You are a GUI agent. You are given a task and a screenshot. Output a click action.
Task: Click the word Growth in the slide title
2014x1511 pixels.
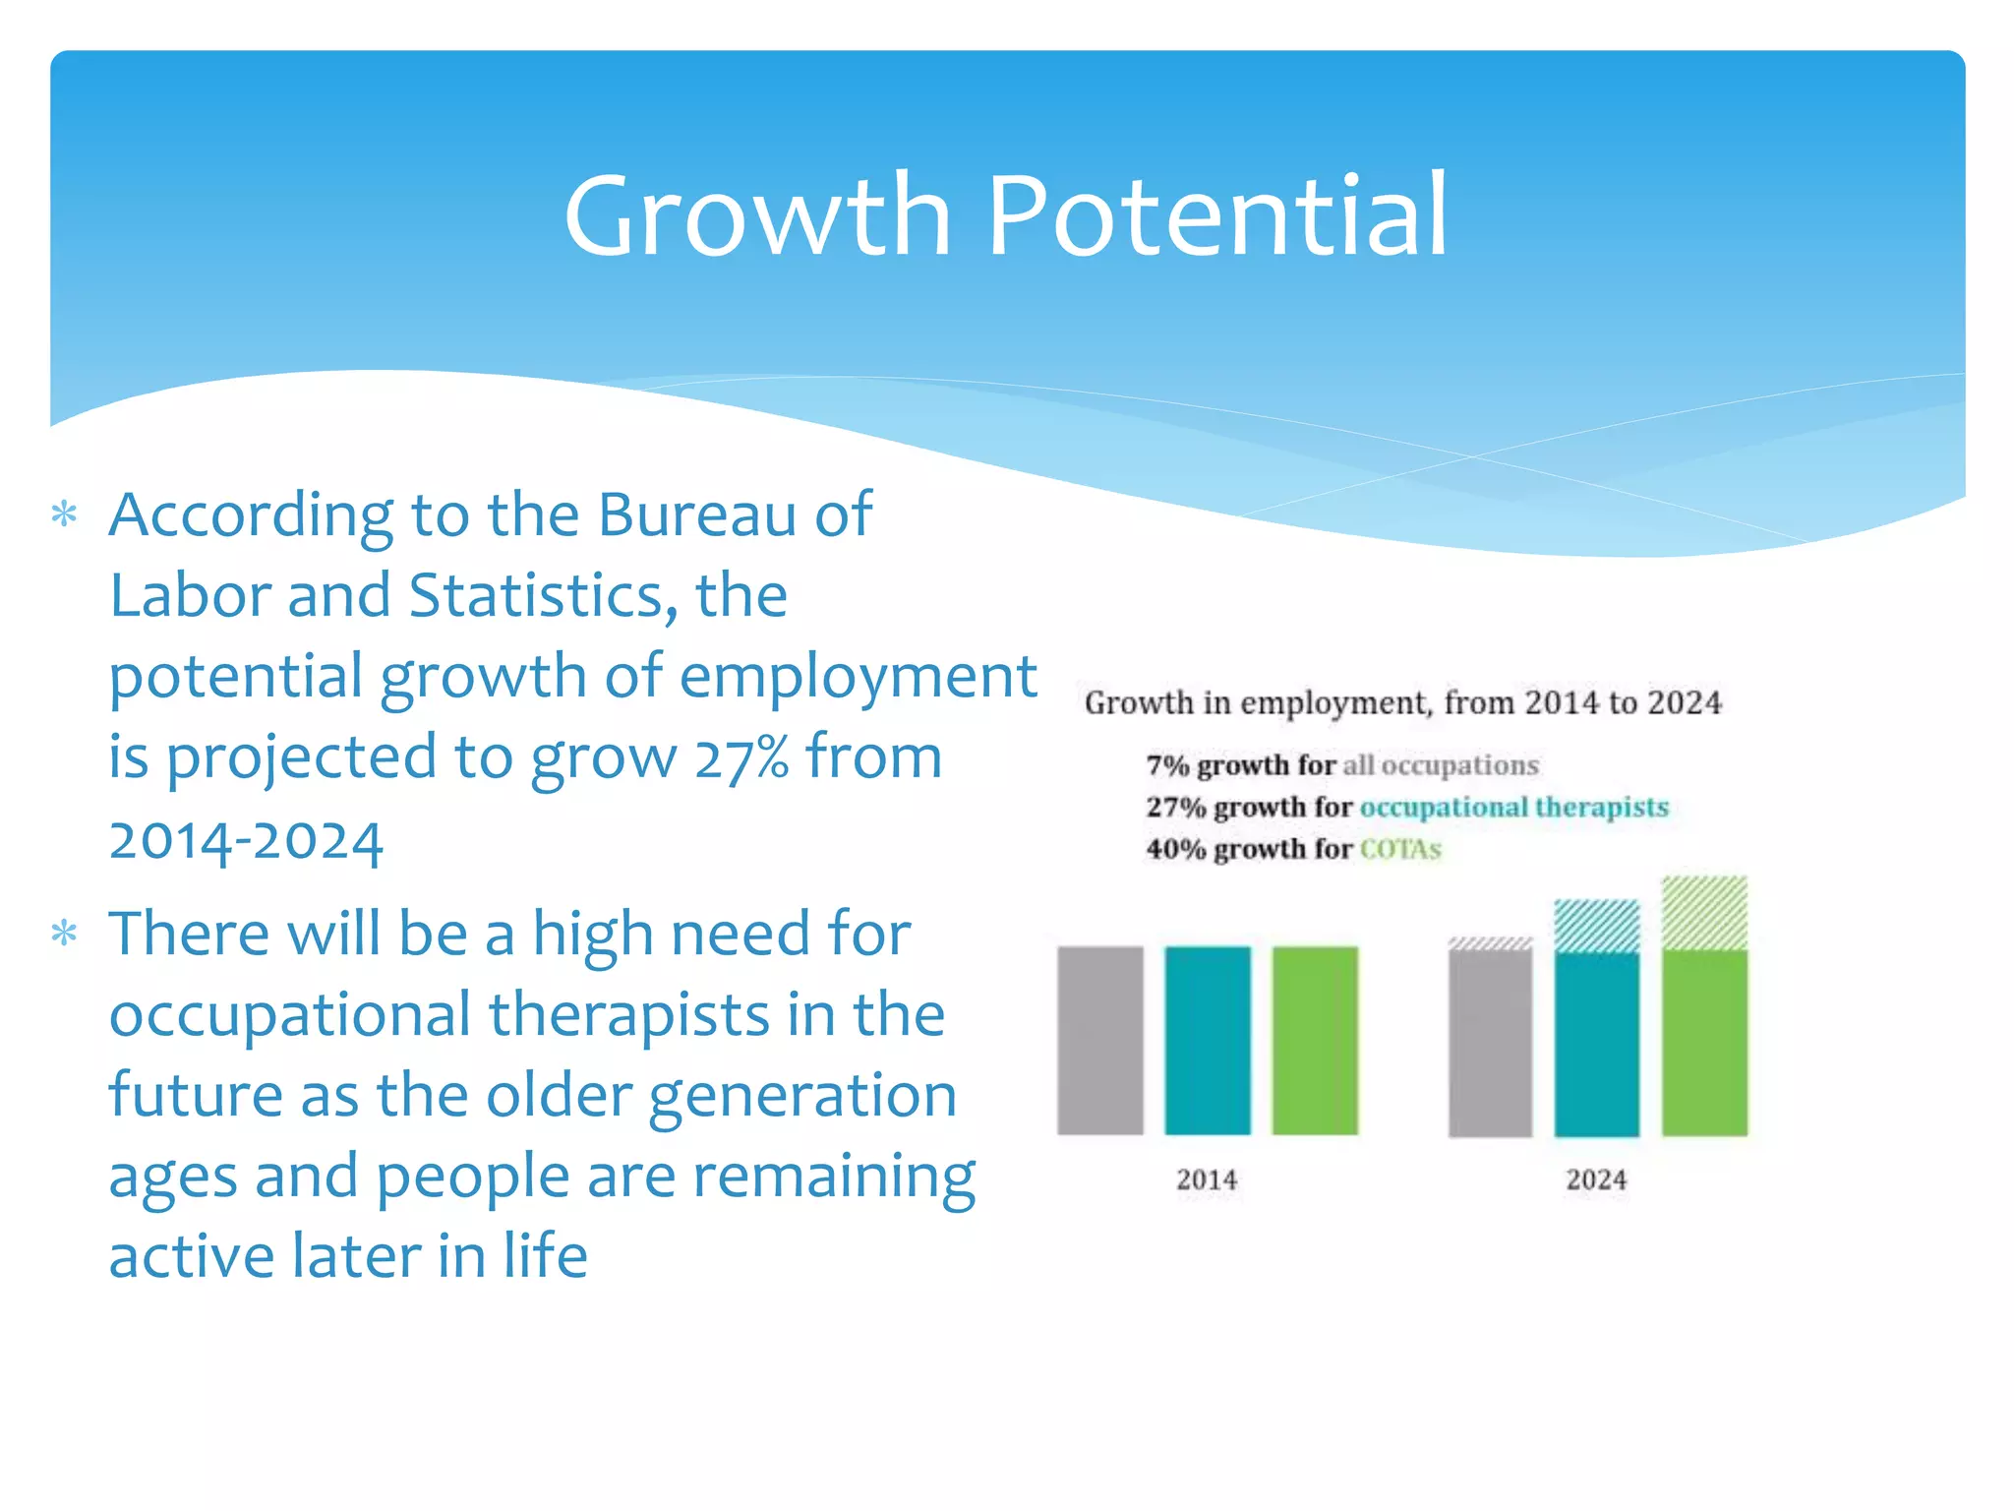click(757, 216)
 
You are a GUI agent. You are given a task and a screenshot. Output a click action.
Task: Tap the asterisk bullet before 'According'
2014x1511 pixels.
click(65, 514)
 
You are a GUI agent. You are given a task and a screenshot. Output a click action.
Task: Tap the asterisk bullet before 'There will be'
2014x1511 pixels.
click(65, 933)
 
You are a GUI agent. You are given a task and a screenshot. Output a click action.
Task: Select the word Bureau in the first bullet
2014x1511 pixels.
click(696, 514)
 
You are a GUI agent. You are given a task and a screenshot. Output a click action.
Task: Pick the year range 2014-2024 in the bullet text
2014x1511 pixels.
click(246, 841)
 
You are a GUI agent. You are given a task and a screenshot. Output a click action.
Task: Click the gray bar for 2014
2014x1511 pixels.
click(1099, 1040)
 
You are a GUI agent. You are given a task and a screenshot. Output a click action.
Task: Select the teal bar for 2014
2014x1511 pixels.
click(1208, 1040)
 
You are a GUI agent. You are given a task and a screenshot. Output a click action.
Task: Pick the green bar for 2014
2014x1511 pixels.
click(1315, 1040)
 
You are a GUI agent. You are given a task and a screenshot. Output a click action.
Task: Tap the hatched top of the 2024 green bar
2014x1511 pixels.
click(1704, 913)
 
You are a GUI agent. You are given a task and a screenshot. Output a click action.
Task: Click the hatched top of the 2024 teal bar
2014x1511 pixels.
click(1597, 926)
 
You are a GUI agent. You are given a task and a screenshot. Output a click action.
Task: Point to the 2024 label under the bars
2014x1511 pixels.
click(1596, 1179)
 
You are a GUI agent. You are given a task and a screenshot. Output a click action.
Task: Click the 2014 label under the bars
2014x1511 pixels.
click(1207, 1179)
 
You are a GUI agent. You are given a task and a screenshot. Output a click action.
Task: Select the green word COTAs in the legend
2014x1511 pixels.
click(1400, 849)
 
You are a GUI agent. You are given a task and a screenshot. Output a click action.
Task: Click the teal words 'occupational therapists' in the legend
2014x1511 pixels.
click(1513, 808)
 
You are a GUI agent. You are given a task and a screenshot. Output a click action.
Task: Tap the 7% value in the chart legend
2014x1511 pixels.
click(1166, 765)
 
